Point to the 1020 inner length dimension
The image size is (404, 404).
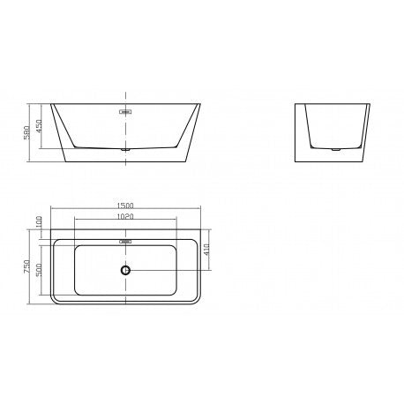pos(126,216)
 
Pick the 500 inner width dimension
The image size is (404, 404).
pos(40,269)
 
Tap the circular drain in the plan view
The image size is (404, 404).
pos(126,270)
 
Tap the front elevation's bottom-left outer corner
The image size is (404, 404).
pos(66,164)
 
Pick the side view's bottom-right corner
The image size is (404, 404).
pos(364,164)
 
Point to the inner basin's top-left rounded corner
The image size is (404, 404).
pos(76,248)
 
